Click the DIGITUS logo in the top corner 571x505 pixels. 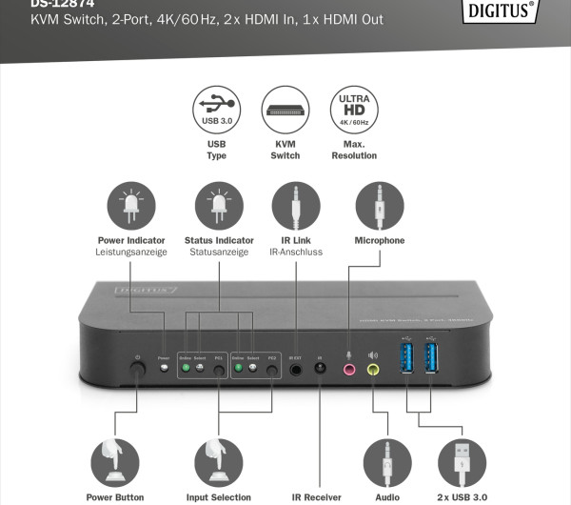pyautogui.click(x=510, y=11)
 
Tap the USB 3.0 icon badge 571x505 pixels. pyautogui.click(x=216, y=110)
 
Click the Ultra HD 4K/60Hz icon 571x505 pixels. pyautogui.click(x=354, y=110)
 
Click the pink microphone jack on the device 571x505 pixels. pyautogui.click(x=349, y=368)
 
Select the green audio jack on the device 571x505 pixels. pyautogui.click(x=372, y=368)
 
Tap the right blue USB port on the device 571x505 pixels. pyautogui.click(x=431, y=358)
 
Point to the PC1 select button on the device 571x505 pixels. pyautogui.click(x=219, y=369)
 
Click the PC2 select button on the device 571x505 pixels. pyautogui.click(x=272, y=369)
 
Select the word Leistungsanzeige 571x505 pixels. pyautogui.click(x=131, y=252)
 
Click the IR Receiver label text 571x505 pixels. pyautogui.click(x=315, y=497)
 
